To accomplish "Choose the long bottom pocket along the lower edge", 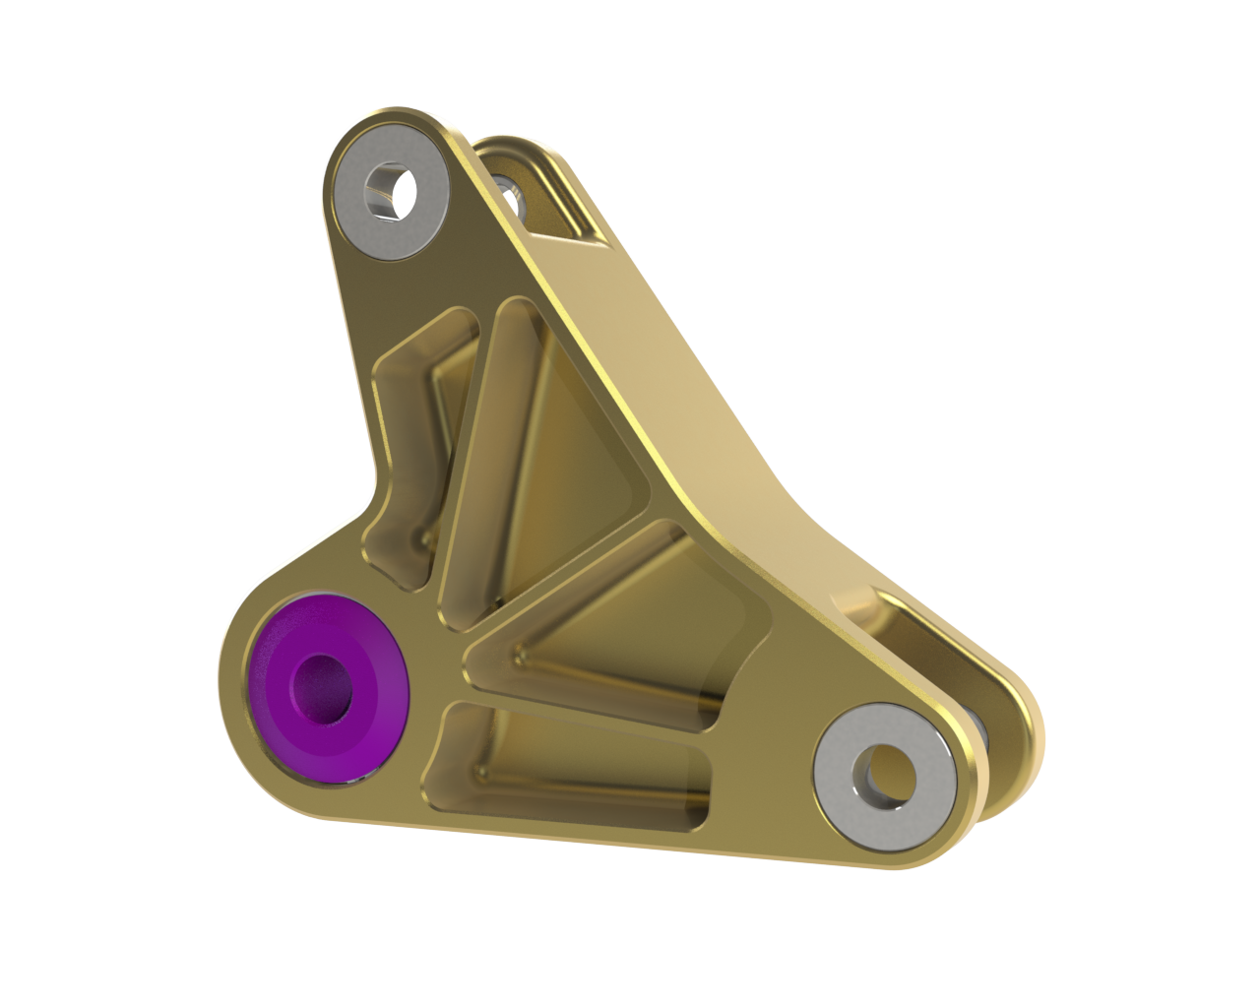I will [x=571, y=768].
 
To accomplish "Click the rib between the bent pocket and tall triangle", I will [x=463, y=443].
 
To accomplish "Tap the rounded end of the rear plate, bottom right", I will [x=1024, y=738].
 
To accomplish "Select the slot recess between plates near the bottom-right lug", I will [x=886, y=620].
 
